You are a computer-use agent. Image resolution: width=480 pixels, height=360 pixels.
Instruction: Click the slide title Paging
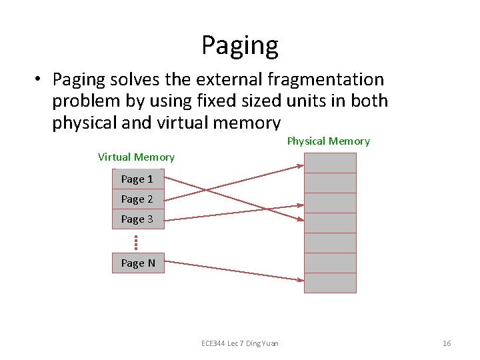(240, 45)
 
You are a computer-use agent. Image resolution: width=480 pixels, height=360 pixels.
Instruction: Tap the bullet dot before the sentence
(40, 79)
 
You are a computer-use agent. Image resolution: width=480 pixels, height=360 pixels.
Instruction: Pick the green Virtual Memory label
(136, 157)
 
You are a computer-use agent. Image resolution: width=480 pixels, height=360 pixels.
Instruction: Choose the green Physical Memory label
(328, 141)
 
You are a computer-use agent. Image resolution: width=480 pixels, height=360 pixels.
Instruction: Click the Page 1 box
(137, 179)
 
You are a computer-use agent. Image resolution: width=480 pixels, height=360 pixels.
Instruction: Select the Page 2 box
(137, 199)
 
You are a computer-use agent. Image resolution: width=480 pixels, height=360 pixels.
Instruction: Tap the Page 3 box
(137, 219)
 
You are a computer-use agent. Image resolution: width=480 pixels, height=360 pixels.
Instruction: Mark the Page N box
(137, 263)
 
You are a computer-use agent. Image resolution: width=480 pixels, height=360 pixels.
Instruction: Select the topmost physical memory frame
(330, 163)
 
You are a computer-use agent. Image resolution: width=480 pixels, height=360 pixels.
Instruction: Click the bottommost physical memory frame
(330, 283)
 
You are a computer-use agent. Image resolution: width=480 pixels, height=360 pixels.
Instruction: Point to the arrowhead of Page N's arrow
(301, 281)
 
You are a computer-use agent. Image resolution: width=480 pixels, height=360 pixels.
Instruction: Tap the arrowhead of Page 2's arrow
(301, 165)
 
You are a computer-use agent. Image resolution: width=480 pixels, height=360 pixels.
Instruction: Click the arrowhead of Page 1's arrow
(301, 219)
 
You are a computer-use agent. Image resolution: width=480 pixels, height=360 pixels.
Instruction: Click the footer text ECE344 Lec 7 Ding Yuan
(240, 343)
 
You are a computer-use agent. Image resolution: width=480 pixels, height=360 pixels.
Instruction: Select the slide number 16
(447, 343)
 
